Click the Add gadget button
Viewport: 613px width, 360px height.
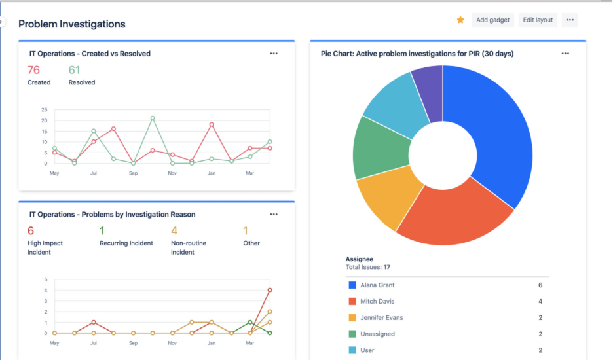pyautogui.click(x=492, y=20)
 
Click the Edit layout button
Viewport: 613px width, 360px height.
pyautogui.click(x=538, y=20)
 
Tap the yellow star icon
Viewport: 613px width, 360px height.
pyautogui.click(x=460, y=20)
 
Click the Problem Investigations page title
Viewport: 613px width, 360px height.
pyautogui.click(x=72, y=24)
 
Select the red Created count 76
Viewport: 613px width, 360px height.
pyautogui.click(x=33, y=70)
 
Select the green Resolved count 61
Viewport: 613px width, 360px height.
pyautogui.click(x=75, y=70)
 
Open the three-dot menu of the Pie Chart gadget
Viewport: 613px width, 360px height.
pyautogui.click(x=565, y=54)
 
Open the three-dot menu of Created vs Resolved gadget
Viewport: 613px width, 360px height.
pyautogui.click(x=274, y=54)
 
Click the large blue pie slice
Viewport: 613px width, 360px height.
pyautogui.click(x=498, y=131)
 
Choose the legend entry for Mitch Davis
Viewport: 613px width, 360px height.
pyautogui.click(x=377, y=302)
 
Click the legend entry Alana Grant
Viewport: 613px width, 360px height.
pyautogui.click(x=377, y=285)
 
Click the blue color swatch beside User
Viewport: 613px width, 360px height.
pyautogui.click(x=352, y=350)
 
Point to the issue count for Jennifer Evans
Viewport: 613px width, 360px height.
pyautogui.click(x=540, y=317)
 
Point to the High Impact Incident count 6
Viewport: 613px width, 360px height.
pyautogui.click(x=30, y=230)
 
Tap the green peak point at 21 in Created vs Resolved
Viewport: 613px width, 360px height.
pyautogui.click(x=153, y=118)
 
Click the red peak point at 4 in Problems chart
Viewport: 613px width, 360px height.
pyautogui.click(x=270, y=290)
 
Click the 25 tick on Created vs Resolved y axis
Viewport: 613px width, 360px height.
pyautogui.click(x=45, y=110)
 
